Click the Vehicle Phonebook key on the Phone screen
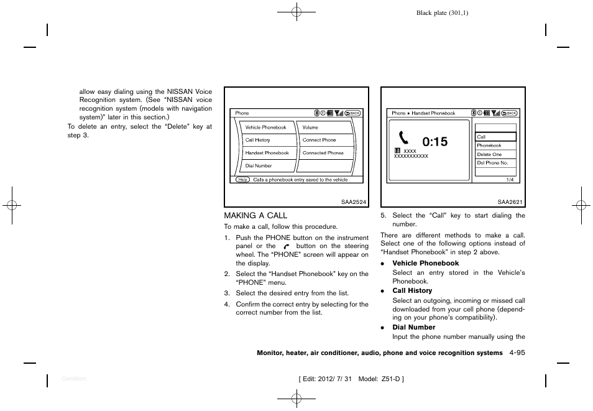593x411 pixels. click(x=266, y=127)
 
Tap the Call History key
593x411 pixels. click(x=258, y=140)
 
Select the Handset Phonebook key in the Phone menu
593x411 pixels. click(x=267, y=153)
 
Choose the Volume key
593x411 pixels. click(x=310, y=127)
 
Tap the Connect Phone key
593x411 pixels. click(x=319, y=140)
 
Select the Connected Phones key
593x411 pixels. click(x=323, y=153)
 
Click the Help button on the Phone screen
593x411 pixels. click(x=242, y=180)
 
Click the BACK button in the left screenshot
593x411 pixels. click(x=352, y=113)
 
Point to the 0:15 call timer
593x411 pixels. click(x=434, y=142)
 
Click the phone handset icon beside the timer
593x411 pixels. click(x=405, y=138)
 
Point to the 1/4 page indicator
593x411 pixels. click(x=510, y=179)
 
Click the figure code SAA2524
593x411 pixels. click(x=354, y=201)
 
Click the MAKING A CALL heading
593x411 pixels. click(x=255, y=216)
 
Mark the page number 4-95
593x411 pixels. click(x=517, y=353)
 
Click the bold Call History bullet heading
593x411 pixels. click(x=411, y=290)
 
